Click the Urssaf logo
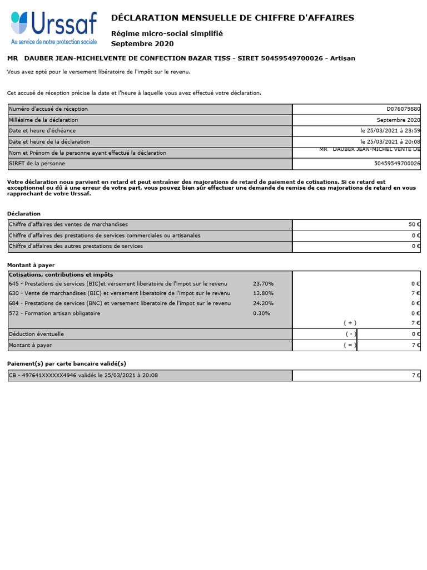pyautogui.click(x=54, y=28)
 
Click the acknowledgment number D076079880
pyautogui.click(x=403, y=109)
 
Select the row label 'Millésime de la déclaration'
pyautogui.click(x=43, y=120)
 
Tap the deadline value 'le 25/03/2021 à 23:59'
pyautogui.click(x=390, y=131)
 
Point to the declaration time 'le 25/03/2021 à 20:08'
pyautogui.click(x=390, y=142)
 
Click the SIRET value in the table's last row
pyautogui.click(x=397, y=164)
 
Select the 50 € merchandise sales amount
pyautogui.click(x=414, y=224)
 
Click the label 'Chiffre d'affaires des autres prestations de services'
pyautogui.click(x=76, y=246)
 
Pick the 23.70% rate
pyautogui.click(x=263, y=284)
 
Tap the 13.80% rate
pyautogui.click(x=263, y=293)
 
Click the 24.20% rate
pyautogui.click(x=263, y=303)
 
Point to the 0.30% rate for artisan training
pyautogui.click(x=261, y=313)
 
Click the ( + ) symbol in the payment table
pyautogui.click(x=350, y=323)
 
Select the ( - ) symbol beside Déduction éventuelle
pyautogui.click(x=350, y=334)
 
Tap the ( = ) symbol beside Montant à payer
pyautogui.click(x=350, y=345)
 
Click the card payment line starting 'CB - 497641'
pyautogui.click(x=83, y=375)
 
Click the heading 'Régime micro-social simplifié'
pyautogui.click(x=167, y=34)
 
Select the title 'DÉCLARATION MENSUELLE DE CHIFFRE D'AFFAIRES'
pyautogui.click(x=232, y=18)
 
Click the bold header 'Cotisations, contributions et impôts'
pyautogui.click(x=61, y=274)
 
